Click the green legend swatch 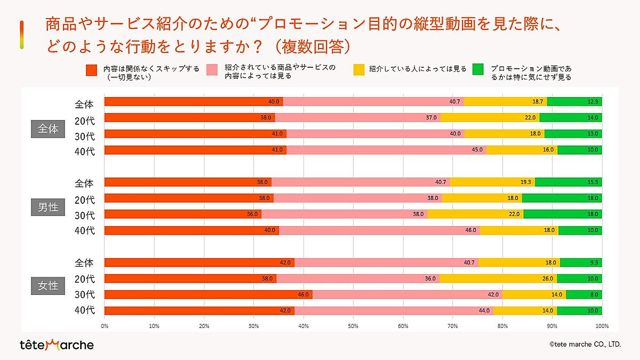click(x=478, y=69)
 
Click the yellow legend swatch click(x=359, y=69)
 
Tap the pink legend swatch click(x=212, y=69)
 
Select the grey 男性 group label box click(x=48, y=207)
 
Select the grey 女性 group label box click(x=48, y=286)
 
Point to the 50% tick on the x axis click(x=353, y=325)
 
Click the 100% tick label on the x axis click(x=601, y=325)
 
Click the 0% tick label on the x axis click(x=105, y=325)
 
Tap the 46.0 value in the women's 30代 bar click(x=303, y=294)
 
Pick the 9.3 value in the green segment click(x=594, y=262)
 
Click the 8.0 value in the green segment click(x=594, y=294)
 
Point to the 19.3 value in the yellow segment click(x=526, y=182)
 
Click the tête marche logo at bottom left click(x=56, y=345)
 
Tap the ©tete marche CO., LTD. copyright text click(x=585, y=345)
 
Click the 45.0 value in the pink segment click(x=477, y=150)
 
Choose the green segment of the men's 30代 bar click(x=563, y=214)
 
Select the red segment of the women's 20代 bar click(x=190, y=278)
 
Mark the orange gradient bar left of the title click(x=21, y=35)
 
